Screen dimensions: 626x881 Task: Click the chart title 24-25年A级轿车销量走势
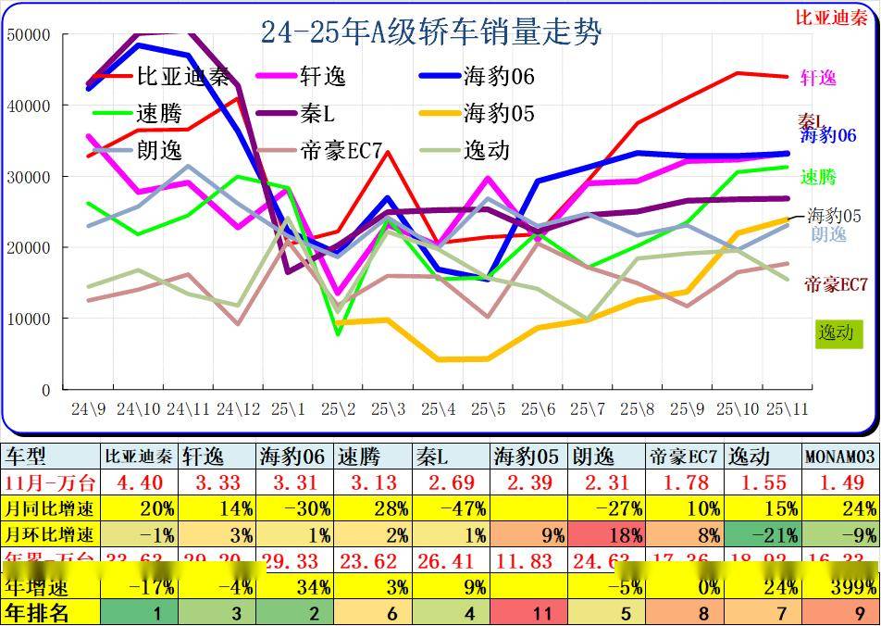click(x=430, y=32)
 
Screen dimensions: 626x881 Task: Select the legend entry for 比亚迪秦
click(x=181, y=77)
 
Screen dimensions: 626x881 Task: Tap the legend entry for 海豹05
click(x=498, y=114)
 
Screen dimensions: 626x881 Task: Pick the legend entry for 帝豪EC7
click(x=341, y=150)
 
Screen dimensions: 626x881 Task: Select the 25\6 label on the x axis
click(x=537, y=408)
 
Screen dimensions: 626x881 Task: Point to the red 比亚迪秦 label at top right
click(x=831, y=17)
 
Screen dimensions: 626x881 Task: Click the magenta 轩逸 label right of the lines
click(x=817, y=79)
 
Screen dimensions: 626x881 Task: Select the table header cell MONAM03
click(x=839, y=457)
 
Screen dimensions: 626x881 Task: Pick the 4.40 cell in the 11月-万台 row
click(x=139, y=482)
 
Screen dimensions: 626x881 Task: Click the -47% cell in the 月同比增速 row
click(x=451, y=508)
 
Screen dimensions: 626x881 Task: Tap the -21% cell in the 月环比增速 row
click(x=762, y=534)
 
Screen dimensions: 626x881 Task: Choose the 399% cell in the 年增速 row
click(x=839, y=586)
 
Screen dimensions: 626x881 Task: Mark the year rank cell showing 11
click(x=527, y=612)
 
